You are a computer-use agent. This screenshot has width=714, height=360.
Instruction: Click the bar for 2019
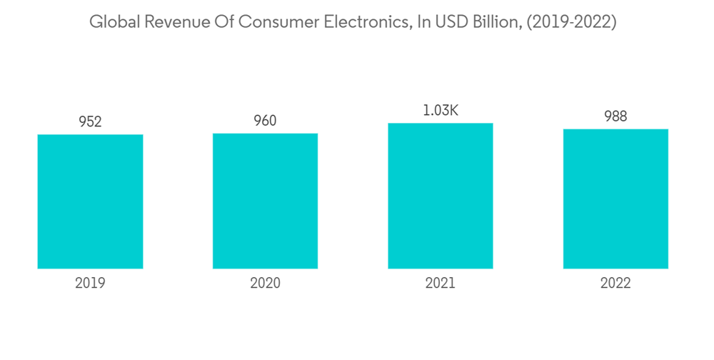(90, 201)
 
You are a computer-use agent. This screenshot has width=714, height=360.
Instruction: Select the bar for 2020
(265, 201)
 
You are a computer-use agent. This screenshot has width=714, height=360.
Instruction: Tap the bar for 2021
(441, 196)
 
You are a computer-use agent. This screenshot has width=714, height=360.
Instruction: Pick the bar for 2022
(615, 199)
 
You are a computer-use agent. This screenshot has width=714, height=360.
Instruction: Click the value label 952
(90, 121)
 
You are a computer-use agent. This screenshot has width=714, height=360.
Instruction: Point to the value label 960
(265, 121)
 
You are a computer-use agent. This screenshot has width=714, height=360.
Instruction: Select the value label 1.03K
(441, 111)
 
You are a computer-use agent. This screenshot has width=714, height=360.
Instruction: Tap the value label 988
(615, 116)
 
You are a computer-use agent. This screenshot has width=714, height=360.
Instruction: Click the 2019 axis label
(90, 284)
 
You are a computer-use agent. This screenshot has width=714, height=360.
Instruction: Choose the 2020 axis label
(265, 284)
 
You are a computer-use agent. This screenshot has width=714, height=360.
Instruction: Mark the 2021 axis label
(441, 284)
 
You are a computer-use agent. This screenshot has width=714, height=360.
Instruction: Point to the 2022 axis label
(615, 284)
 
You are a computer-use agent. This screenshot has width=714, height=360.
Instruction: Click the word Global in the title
(113, 22)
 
